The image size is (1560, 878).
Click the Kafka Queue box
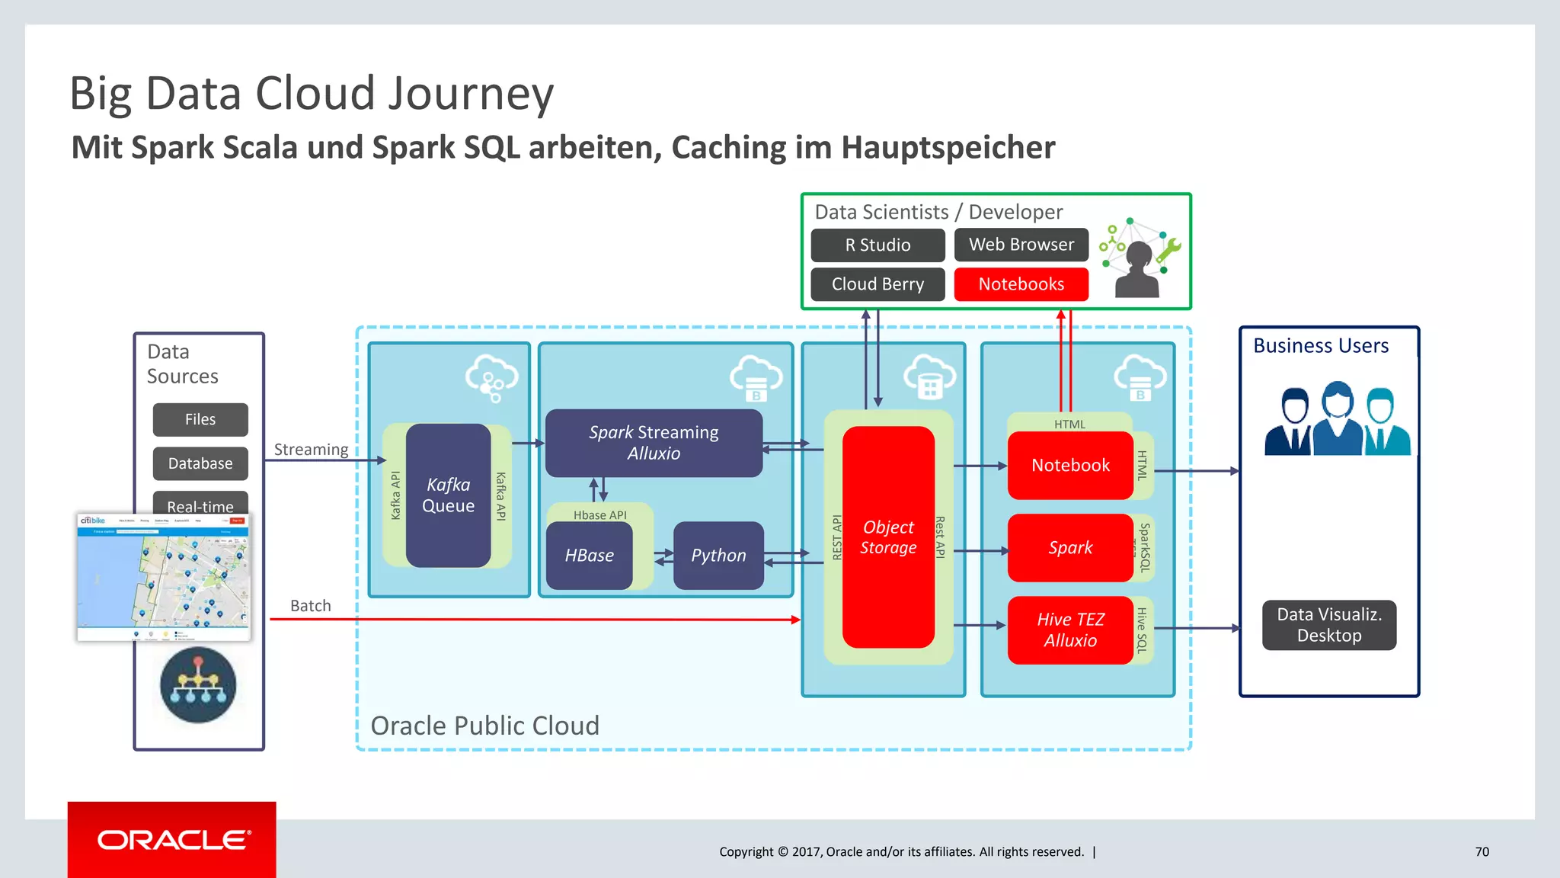(448, 495)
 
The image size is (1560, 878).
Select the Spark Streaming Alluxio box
(654, 443)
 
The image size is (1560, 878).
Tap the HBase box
(589, 556)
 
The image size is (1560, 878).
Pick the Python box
(718, 556)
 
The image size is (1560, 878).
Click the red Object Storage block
(888, 537)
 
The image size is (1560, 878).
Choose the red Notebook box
(1069, 466)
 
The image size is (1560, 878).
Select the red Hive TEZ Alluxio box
(1069, 630)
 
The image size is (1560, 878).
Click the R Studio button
(877, 245)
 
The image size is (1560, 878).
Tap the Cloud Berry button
(877, 284)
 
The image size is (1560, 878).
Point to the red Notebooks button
(1021, 284)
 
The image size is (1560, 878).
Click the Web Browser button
(1021, 245)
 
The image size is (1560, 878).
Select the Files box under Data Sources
(200, 419)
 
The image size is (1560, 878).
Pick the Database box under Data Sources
(200, 463)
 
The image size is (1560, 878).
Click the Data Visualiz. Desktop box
(1328, 625)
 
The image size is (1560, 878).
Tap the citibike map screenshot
(163, 577)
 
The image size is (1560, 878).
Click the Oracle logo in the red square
(173, 840)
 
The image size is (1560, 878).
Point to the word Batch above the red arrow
(311, 606)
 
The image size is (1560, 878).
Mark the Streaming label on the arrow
(311, 450)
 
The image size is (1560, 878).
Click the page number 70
(1482, 852)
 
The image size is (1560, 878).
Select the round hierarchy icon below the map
(198, 685)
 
